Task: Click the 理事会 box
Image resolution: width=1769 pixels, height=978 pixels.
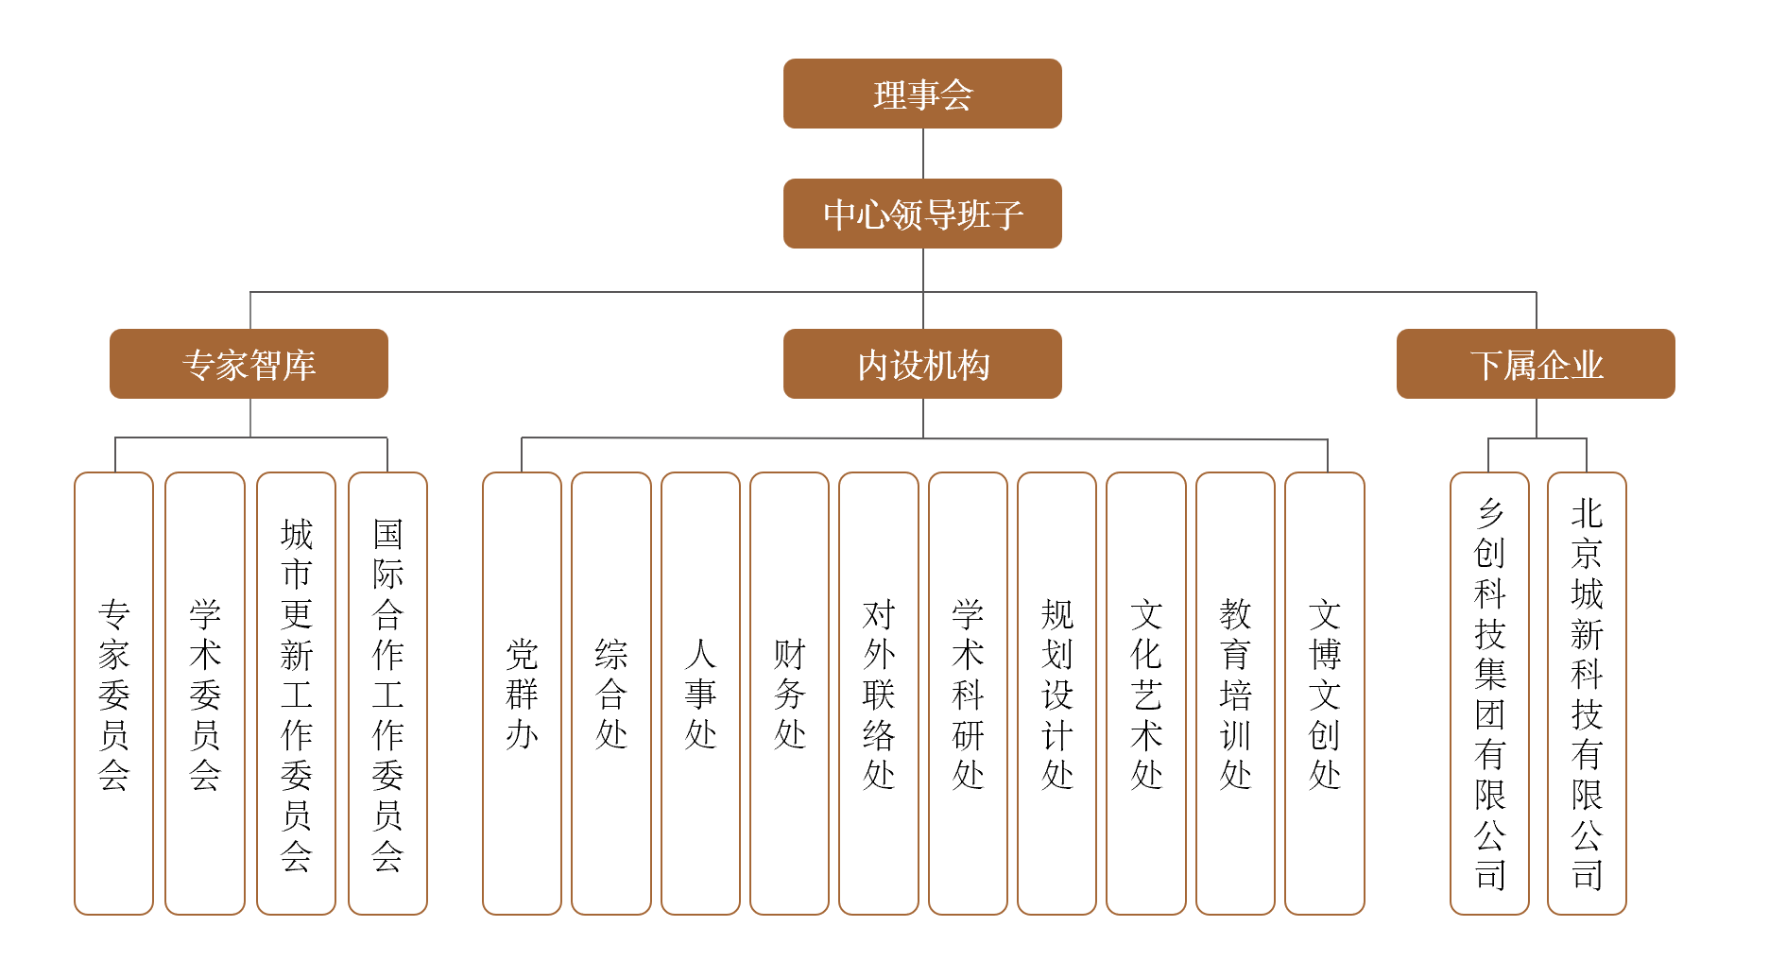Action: pyautogui.click(x=922, y=94)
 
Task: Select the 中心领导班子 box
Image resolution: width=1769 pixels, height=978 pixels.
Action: pyautogui.click(x=922, y=214)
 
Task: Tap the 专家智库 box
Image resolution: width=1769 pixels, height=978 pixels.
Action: pyautogui.click(x=249, y=364)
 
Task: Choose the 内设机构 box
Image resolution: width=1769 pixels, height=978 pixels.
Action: pyautogui.click(x=922, y=364)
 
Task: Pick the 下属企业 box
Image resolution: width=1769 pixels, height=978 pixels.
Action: pyautogui.click(x=1536, y=364)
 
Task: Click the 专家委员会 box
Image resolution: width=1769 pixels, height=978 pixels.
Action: pyautogui.click(x=113, y=694)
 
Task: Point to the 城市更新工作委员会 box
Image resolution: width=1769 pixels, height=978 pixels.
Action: pyautogui.click(x=296, y=694)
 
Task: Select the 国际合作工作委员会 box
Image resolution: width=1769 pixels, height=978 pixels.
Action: pyautogui.click(x=387, y=694)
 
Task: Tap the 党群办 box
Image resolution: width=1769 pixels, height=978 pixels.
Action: pyautogui.click(x=522, y=694)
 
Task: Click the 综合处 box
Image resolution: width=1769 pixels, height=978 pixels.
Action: pyautogui.click(x=611, y=694)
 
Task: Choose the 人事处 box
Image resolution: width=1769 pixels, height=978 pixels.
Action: pyautogui.click(x=700, y=694)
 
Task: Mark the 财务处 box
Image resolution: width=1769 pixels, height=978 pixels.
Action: pyautogui.click(x=789, y=694)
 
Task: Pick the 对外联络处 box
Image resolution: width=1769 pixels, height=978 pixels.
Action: pyautogui.click(x=879, y=694)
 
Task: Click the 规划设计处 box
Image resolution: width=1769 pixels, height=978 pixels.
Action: pyautogui.click(x=1056, y=694)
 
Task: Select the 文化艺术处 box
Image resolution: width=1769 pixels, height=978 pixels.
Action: pyautogui.click(x=1146, y=694)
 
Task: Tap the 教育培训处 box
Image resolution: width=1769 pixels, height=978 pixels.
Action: pyautogui.click(x=1235, y=694)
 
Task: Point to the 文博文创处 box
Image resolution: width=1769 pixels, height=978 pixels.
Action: pyautogui.click(x=1325, y=694)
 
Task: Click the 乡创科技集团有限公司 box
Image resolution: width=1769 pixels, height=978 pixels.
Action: pyautogui.click(x=1489, y=694)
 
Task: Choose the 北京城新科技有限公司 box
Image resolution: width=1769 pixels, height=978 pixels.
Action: pyautogui.click(x=1587, y=694)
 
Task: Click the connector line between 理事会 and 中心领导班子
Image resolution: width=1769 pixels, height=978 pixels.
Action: pyautogui.click(x=923, y=153)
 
